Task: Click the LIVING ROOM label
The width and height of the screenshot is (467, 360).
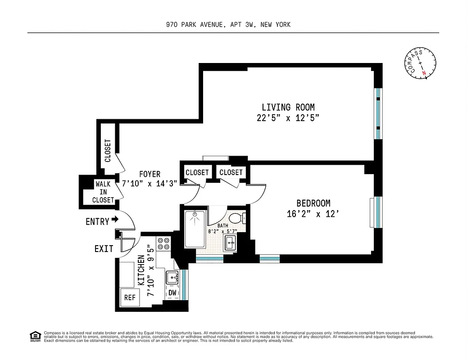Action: pyautogui.click(x=288, y=107)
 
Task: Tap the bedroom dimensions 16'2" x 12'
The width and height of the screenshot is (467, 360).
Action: pyautogui.click(x=313, y=214)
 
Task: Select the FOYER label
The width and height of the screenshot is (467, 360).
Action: pyautogui.click(x=150, y=174)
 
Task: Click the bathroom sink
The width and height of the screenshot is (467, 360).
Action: pyautogui.click(x=231, y=243)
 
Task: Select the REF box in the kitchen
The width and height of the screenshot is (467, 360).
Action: pyautogui.click(x=130, y=297)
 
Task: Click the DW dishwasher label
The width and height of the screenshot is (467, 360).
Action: pyautogui.click(x=172, y=293)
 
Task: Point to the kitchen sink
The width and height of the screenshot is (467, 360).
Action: pyautogui.click(x=172, y=278)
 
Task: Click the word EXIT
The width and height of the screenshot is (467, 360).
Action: pyautogui.click(x=104, y=248)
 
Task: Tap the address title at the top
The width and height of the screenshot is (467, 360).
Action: pyautogui.click(x=228, y=25)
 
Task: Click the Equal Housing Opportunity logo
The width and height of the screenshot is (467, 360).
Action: pyautogui.click(x=35, y=336)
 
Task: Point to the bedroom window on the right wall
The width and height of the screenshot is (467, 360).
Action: pyautogui.click(x=378, y=212)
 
